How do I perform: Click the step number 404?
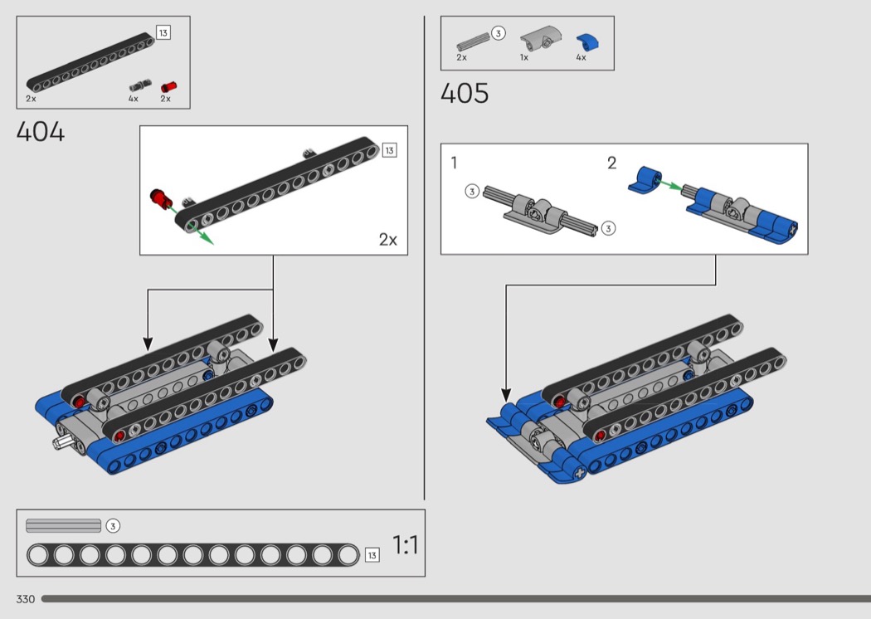(41, 132)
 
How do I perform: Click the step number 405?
(465, 93)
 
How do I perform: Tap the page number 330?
(26, 599)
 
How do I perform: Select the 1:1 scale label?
(406, 544)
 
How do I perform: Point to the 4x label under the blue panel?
(581, 57)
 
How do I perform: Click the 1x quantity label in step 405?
(523, 57)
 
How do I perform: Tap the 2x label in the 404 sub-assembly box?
(387, 240)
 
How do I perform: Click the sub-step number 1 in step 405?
(454, 163)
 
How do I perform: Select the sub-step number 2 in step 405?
(611, 163)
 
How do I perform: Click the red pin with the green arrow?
(161, 199)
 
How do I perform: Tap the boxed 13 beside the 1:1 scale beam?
(372, 555)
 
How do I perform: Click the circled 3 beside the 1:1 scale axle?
(113, 525)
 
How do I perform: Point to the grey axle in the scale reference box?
(63, 525)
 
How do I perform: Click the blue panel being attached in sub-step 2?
(645, 179)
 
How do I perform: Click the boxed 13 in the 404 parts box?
(163, 33)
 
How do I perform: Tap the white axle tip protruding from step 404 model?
(61, 443)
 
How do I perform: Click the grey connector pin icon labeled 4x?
(140, 85)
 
